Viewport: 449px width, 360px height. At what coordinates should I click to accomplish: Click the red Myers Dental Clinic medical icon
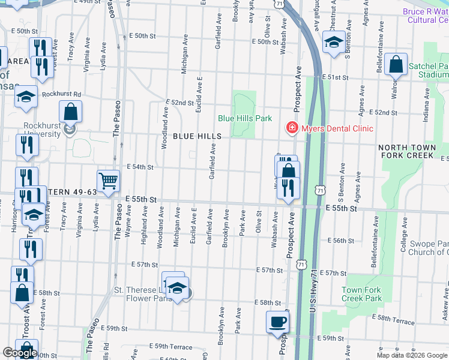(291, 128)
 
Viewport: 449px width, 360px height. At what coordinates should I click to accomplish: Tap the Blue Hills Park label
(244, 118)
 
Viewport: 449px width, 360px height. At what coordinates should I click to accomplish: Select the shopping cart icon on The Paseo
(108, 181)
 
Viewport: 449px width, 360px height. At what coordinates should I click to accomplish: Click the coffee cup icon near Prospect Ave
(277, 322)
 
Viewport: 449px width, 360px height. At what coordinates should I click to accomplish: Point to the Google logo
(20, 353)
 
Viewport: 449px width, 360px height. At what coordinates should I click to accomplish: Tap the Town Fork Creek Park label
(361, 294)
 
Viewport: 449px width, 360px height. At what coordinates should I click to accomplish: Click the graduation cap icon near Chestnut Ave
(334, 42)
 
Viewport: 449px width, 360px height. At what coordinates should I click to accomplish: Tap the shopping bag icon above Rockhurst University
(71, 112)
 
